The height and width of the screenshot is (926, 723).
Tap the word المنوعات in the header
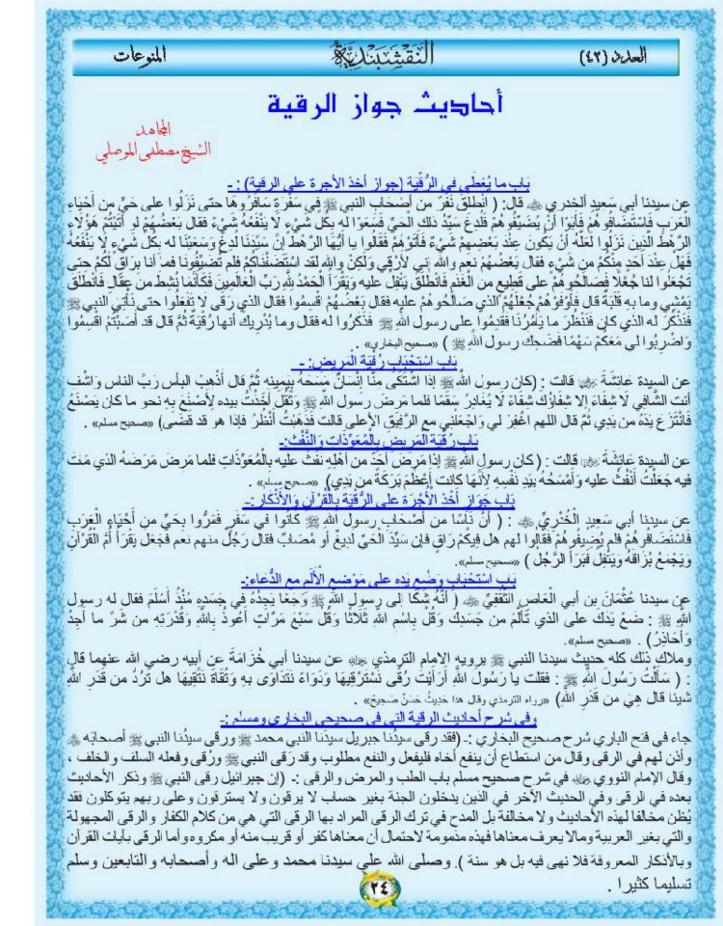click(x=135, y=55)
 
